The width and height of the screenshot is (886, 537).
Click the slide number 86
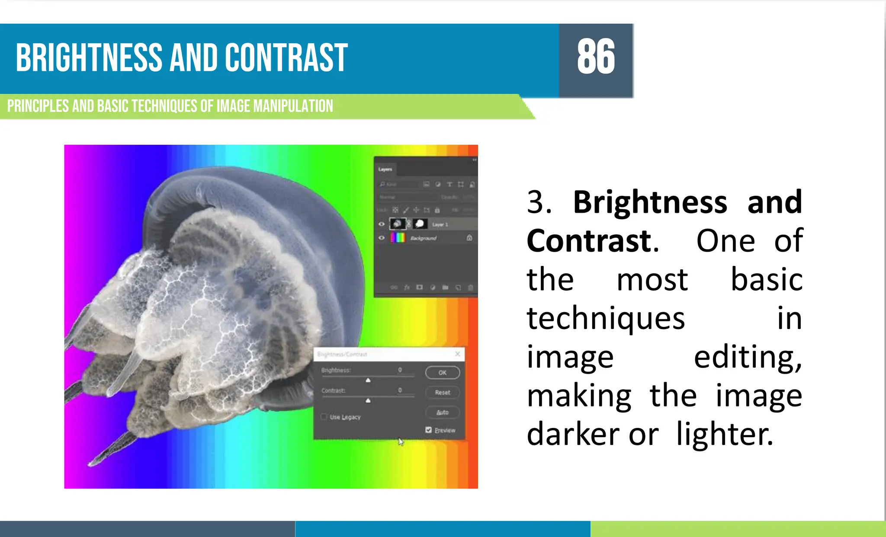[x=596, y=57]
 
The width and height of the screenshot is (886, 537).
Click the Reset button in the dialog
[x=442, y=392]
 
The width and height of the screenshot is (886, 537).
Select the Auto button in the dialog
[x=442, y=412]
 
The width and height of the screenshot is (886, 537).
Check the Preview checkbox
[x=428, y=430]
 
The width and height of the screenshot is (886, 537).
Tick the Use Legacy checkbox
[x=324, y=417]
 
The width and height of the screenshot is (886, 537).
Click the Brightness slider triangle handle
[x=368, y=380]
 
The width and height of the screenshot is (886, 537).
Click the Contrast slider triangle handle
[x=368, y=401]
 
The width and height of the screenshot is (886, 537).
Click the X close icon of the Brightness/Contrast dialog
[x=458, y=354]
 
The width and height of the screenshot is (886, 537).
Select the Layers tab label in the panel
[x=385, y=169]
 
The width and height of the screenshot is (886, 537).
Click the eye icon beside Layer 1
[x=381, y=224]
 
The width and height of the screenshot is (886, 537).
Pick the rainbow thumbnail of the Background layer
[x=398, y=238]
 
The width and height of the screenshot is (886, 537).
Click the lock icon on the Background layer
[x=469, y=238]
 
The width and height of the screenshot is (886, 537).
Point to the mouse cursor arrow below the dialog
[x=401, y=442]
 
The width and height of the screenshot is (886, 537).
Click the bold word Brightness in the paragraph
[x=650, y=202]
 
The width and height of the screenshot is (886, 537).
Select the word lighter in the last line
[x=725, y=434]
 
